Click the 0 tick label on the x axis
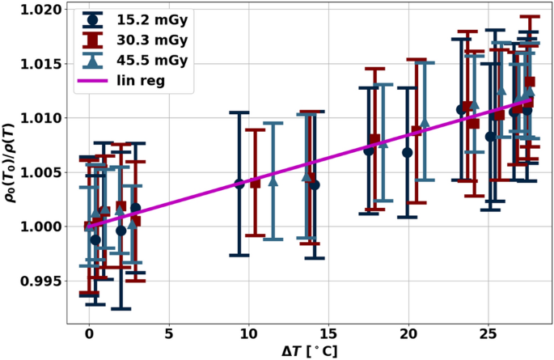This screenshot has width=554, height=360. [89, 332]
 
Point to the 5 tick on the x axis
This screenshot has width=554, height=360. [168, 332]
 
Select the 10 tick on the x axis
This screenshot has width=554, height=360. [248, 332]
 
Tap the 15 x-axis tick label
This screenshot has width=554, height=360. [328, 332]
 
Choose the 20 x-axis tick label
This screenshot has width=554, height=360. [408, 332]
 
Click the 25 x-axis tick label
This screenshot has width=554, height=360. [488, 332]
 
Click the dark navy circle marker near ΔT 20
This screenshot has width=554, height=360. [408, 152]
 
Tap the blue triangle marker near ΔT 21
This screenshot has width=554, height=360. [425, 122]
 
